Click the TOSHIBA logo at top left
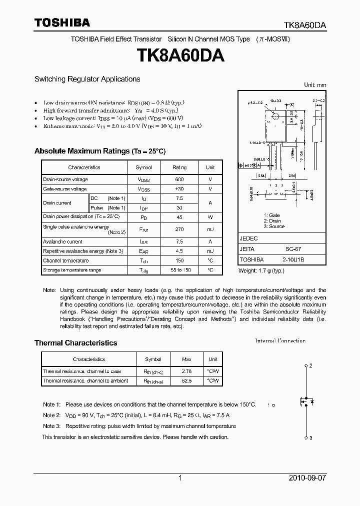click(x=62, y=22)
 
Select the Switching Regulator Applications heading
click(x=87, y=79)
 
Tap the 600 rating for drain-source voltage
click(x=179, y=179)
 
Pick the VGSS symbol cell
click(x=144, y=189)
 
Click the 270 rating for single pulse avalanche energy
click(x=179, y=229)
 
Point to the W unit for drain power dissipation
click(x=210, y=217)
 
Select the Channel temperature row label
click(x=65, y=260)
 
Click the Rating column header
click(x=179, y=167)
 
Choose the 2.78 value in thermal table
click(x=186, y=371)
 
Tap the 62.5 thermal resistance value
click(x=186, y=381)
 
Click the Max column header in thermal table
click(x=186, y=359)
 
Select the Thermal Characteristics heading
click(x=75, y=343)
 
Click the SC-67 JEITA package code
click(x=293, y=249)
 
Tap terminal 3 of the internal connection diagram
click(x=306, y=438)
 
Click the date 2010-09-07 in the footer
click(x=307, y=478)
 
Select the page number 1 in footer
click(x=180, y=478)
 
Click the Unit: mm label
click(x=315, y=85)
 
